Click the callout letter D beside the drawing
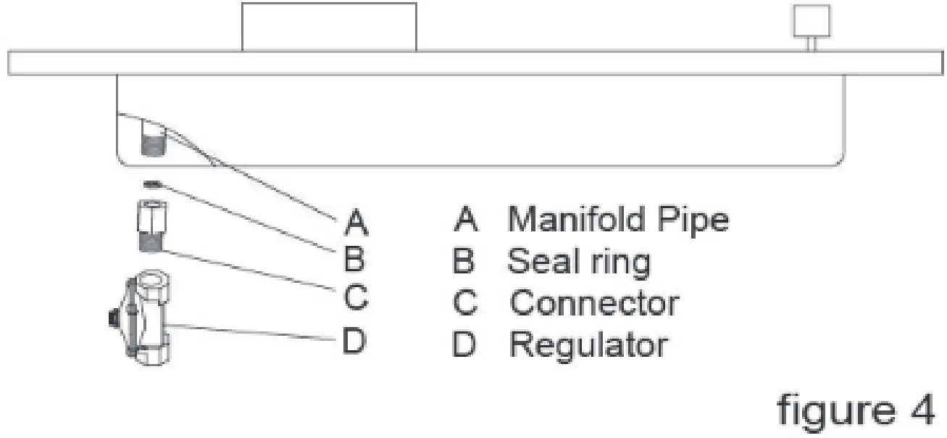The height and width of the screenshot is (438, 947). click(354, 341)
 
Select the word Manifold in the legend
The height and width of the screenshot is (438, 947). click(571, 219)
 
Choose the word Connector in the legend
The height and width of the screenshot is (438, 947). click(594, 302)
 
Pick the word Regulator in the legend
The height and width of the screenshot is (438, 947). click(588, 345)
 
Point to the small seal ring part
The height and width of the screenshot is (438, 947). click(151, 184)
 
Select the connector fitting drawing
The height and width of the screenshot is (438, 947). click(148, 227)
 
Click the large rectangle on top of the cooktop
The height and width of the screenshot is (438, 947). click(329, 27)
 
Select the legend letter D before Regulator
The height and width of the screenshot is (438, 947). click(464, 345)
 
